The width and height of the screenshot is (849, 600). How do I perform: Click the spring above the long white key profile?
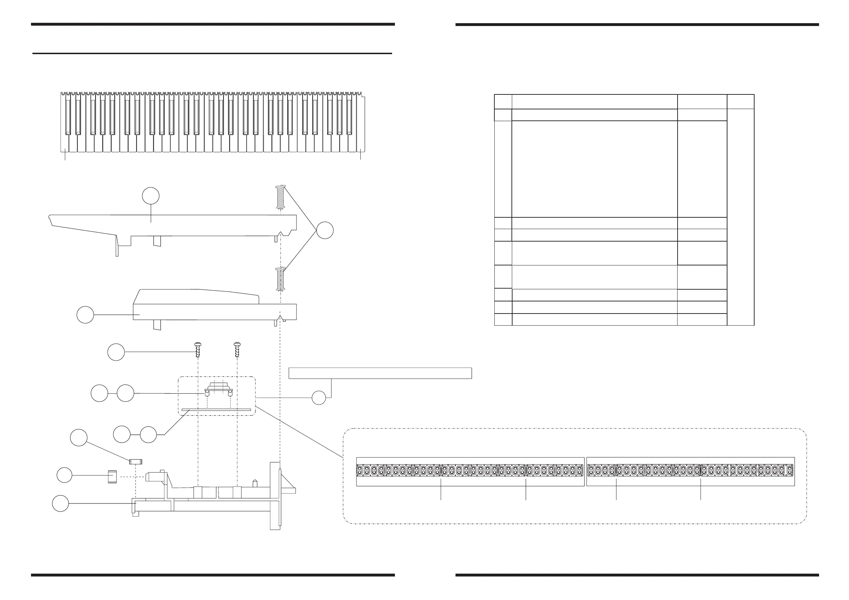click(x=280, y=197)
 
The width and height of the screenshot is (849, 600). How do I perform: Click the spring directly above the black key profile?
click(x=280, y=279)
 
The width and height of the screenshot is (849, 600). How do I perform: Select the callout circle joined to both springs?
click(x=325, y=230)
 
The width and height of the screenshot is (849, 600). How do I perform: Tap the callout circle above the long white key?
click(x=151, y=196)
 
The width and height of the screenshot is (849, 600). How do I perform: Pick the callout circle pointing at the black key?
click(x=85, y=315)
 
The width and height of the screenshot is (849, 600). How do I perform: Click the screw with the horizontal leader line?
click(x=198, y=350)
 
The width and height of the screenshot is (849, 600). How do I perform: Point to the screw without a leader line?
click(x=237, y=350)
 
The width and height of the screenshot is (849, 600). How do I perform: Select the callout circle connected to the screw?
click(x=116, y=352)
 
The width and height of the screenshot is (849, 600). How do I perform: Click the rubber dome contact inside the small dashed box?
click(x=218, y=389)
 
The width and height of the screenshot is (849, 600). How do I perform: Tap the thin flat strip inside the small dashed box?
click(x=216, y=410)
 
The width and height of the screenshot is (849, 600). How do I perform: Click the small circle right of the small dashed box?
click(x=319, y=398)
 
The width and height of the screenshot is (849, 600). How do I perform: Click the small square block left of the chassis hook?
click(x=112, y=476)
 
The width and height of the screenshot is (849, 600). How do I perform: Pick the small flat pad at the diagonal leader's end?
click(x=136, y=461)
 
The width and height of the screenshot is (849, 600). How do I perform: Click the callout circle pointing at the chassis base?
click(x=60, y=503)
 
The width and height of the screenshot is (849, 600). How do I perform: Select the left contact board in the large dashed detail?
click(x=470, y=472)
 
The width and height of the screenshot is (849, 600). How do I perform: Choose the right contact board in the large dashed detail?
click(x=690, y=472)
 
